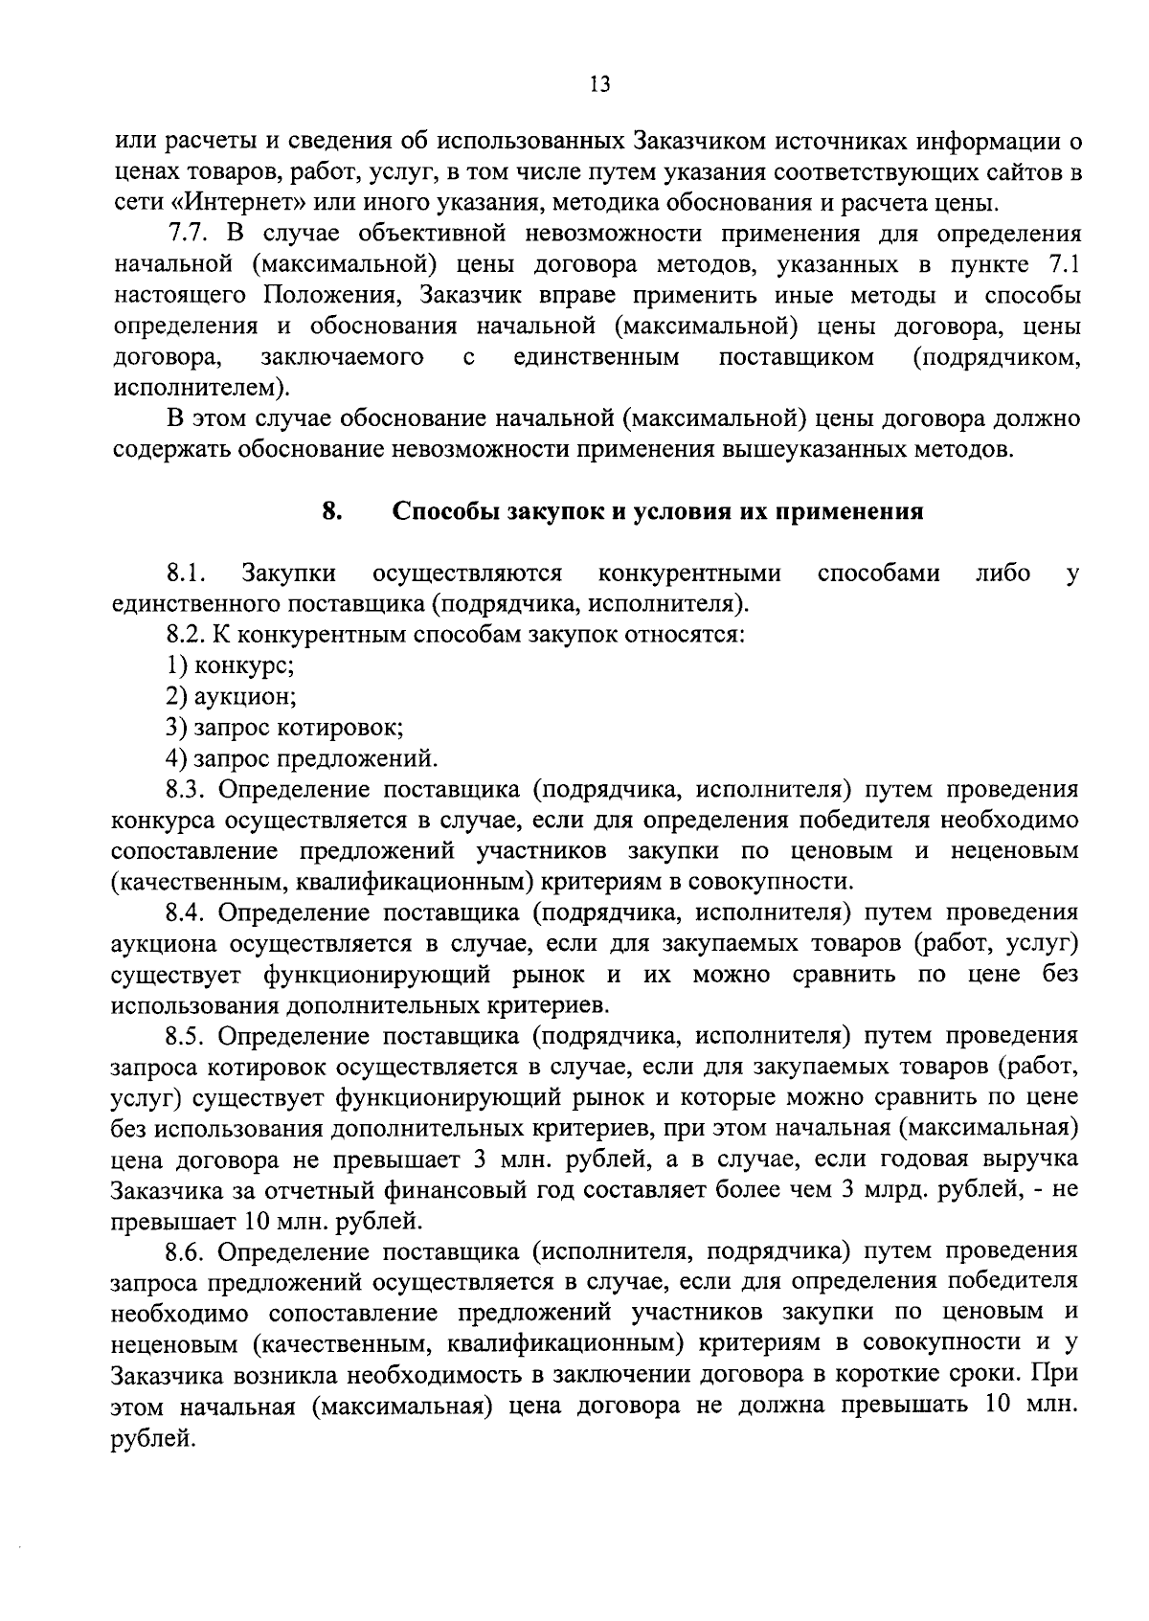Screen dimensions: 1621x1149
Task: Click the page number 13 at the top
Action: pos(599,84)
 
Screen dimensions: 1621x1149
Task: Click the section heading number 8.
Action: pos(331,510)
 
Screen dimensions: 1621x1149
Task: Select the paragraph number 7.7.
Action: pos(188,234)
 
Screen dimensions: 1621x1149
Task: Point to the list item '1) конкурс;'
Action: pos(230,664)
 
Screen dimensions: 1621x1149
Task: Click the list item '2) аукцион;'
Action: pos(231,696)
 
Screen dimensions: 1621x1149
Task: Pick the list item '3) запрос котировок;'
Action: pos(283,727)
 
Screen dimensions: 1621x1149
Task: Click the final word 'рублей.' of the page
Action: pos(153,1437)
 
